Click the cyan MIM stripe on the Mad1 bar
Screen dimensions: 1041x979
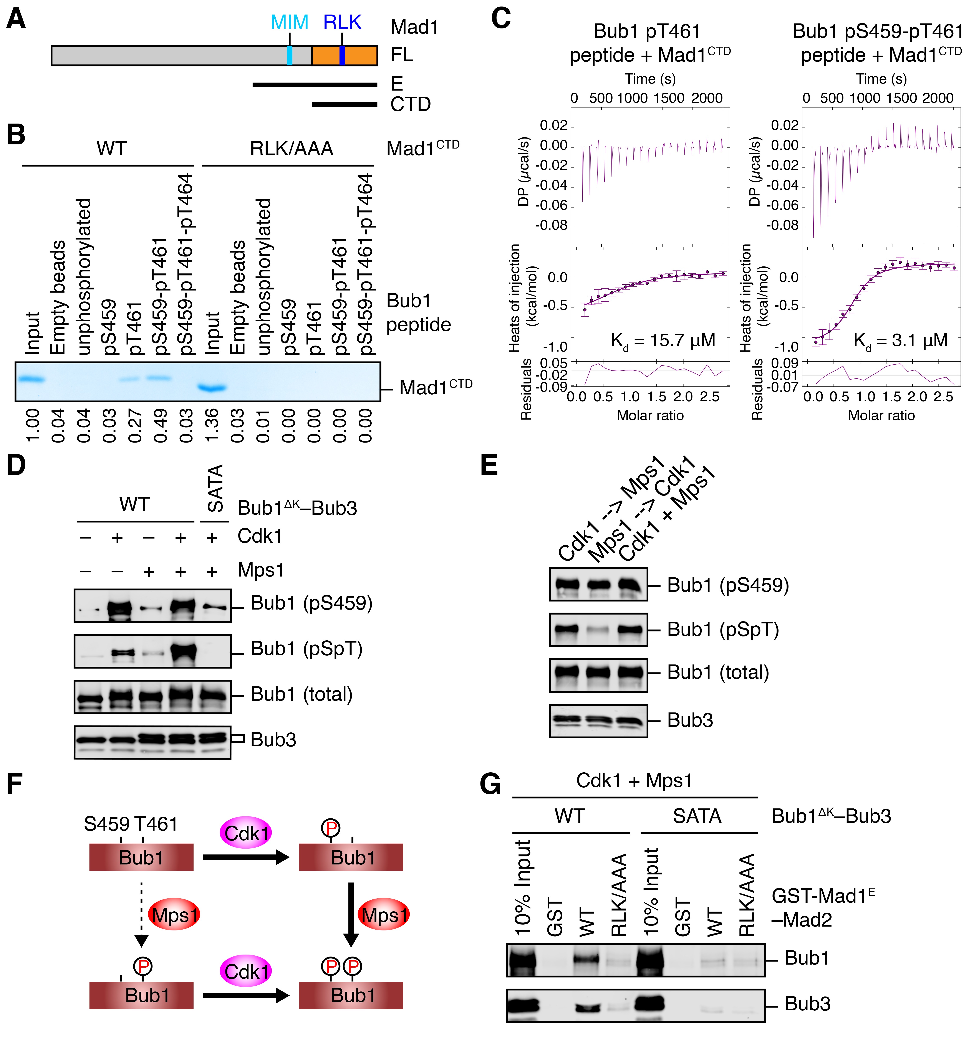click(x=290, y=56)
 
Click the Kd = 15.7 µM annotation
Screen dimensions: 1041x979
click(x=663, y=341)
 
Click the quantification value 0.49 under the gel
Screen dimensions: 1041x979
click(x=160, y=425)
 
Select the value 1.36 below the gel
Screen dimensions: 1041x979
click(x=211, y=425)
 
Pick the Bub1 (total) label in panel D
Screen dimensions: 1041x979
click(x=301, y=694)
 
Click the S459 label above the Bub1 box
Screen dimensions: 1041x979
click(x=106, y=824)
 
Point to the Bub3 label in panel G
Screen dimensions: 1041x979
click(x=807, y=1004)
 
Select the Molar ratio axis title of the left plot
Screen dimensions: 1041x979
click(x=650, y=416)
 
